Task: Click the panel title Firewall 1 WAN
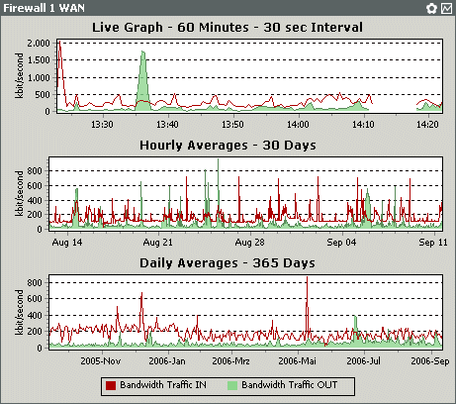[42, 8]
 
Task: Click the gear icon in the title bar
[431, 8]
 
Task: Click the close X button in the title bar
[445, 8]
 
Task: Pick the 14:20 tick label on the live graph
[428, 124]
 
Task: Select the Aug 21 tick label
[158, 241]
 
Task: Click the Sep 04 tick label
[341, 241]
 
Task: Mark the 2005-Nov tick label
[101, 360]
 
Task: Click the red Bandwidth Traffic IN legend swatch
[112, 384]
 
